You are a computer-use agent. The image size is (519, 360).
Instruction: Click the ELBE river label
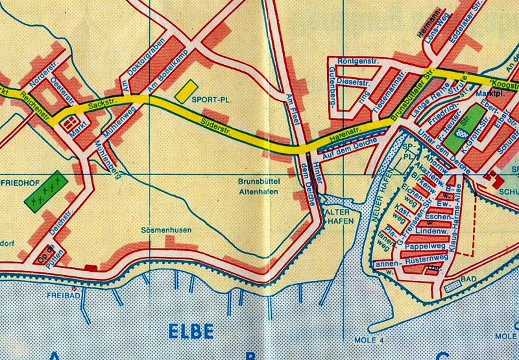[191, 331]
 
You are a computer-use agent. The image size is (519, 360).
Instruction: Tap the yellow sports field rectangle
[186, 89]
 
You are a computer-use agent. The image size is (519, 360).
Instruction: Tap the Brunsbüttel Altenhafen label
[258, 188]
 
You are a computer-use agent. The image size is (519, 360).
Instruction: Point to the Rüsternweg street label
[426, 259]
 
